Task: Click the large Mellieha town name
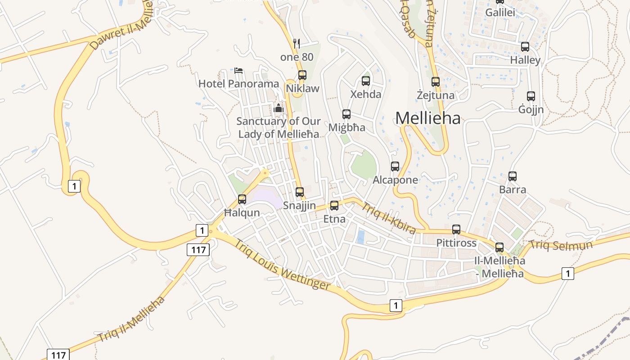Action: (428, 118)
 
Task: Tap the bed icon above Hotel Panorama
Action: (238, 70)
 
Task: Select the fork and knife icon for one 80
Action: (296, 43)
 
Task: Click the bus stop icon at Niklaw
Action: (302, 75)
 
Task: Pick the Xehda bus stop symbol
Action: (366, 81)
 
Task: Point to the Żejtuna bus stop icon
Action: (435, 82)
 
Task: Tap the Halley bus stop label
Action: (525, 60)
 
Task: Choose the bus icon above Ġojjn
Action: (531, 96)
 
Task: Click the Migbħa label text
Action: (346, 127)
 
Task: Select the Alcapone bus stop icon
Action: (395, 166)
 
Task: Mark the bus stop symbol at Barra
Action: (513, 176)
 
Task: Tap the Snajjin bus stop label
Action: (299, 206)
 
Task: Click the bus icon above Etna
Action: (334, 206)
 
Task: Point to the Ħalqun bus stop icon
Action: (242, 199)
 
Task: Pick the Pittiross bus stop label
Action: (456, 243)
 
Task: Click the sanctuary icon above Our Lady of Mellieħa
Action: (279, 108)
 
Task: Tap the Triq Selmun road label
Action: (561, 245)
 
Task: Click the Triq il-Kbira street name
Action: (389, 219)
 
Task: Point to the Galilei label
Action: (500, 13)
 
